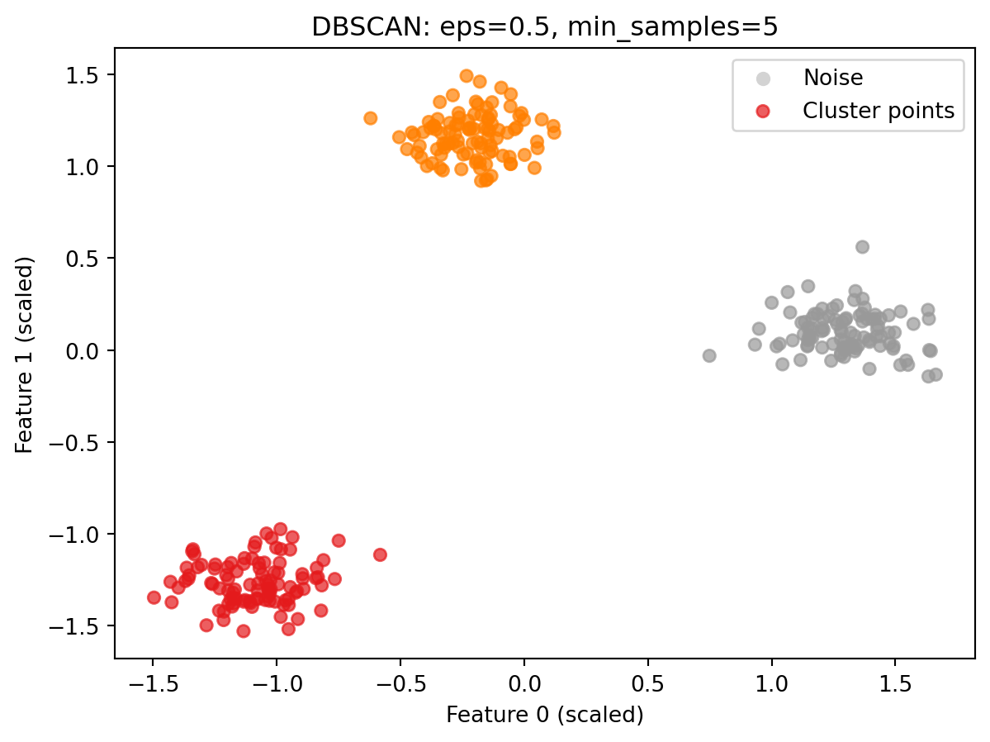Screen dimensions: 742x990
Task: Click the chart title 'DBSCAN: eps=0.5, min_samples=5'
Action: [x=545, y=27]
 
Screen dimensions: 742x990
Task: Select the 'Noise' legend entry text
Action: [x=833, y=78]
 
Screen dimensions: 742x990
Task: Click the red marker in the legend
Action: [x=764, y=111]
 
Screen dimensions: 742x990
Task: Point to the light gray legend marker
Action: [x=764, y=78]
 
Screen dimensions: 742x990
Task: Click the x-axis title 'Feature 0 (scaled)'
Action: [x=545, y=715]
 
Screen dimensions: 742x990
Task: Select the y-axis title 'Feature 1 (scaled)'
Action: [x=25, y=354]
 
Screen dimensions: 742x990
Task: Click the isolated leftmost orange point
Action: [x=370, y=118]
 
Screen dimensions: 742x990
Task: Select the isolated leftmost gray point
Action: [x=709, y=356]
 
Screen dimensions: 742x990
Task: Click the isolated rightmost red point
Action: [x=380, y=554]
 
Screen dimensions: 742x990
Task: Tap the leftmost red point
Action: [x=154, y=597]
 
